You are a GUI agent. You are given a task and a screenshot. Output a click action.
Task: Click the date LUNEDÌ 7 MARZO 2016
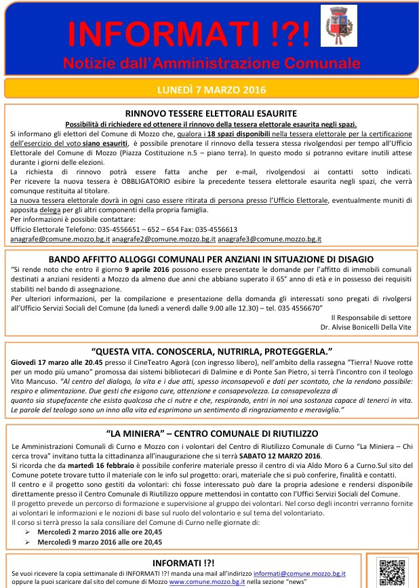pyautogui.click(x=210, y=90)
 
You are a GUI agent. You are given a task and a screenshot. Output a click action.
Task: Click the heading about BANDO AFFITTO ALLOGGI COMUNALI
pyautogui.click(x=210, y=259)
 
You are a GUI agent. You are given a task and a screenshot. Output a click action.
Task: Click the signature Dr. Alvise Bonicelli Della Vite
pyautogui.click(x=359, y=327)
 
